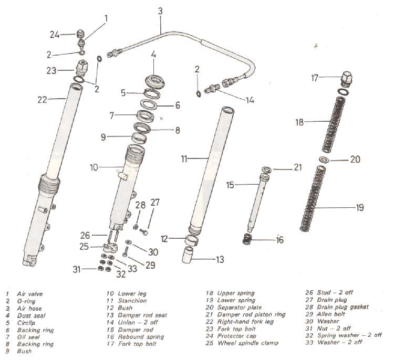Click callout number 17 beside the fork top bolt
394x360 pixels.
(315, 78)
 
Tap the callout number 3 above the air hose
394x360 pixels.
(160, 10)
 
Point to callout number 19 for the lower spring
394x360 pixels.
(359, 208)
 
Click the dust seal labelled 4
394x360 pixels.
(153, 81)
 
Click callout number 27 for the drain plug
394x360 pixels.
(155, 202)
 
